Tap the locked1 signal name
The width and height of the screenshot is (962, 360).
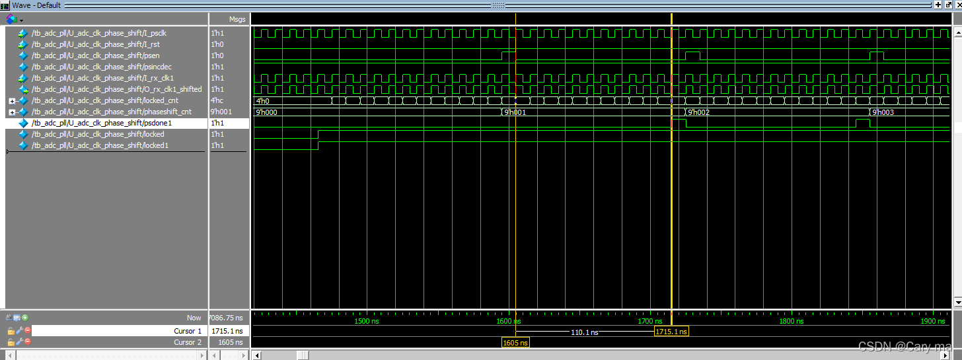[99, 145]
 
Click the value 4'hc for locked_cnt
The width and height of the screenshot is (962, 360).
[218, 100]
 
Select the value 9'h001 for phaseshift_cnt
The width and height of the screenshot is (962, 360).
[221, 112]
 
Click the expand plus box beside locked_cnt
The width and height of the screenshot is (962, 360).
[12, 101]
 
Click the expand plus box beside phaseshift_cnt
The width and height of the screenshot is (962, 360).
[12, 112]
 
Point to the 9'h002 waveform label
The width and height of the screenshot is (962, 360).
[698, 112]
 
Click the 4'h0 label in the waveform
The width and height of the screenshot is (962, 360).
[262, 101]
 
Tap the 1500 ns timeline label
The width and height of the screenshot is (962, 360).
[367, 321]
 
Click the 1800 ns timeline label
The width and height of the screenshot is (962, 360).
[791, 321]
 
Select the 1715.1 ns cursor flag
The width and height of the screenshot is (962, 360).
[671, 331]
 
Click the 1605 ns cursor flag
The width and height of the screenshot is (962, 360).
[515, 343]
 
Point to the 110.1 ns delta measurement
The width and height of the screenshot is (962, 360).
[584, 332]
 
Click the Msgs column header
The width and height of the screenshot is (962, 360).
[237, 19]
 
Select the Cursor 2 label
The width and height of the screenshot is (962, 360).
[188, 342]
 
